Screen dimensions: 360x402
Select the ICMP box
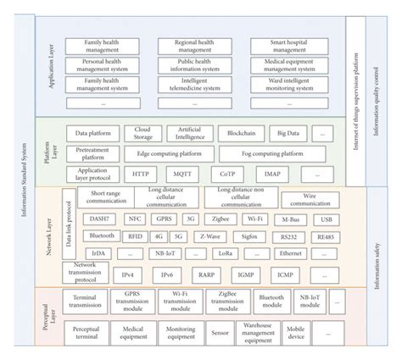click(286, 275)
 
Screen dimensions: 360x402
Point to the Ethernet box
click(291, 253)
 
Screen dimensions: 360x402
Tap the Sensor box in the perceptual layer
click(221, 334)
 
